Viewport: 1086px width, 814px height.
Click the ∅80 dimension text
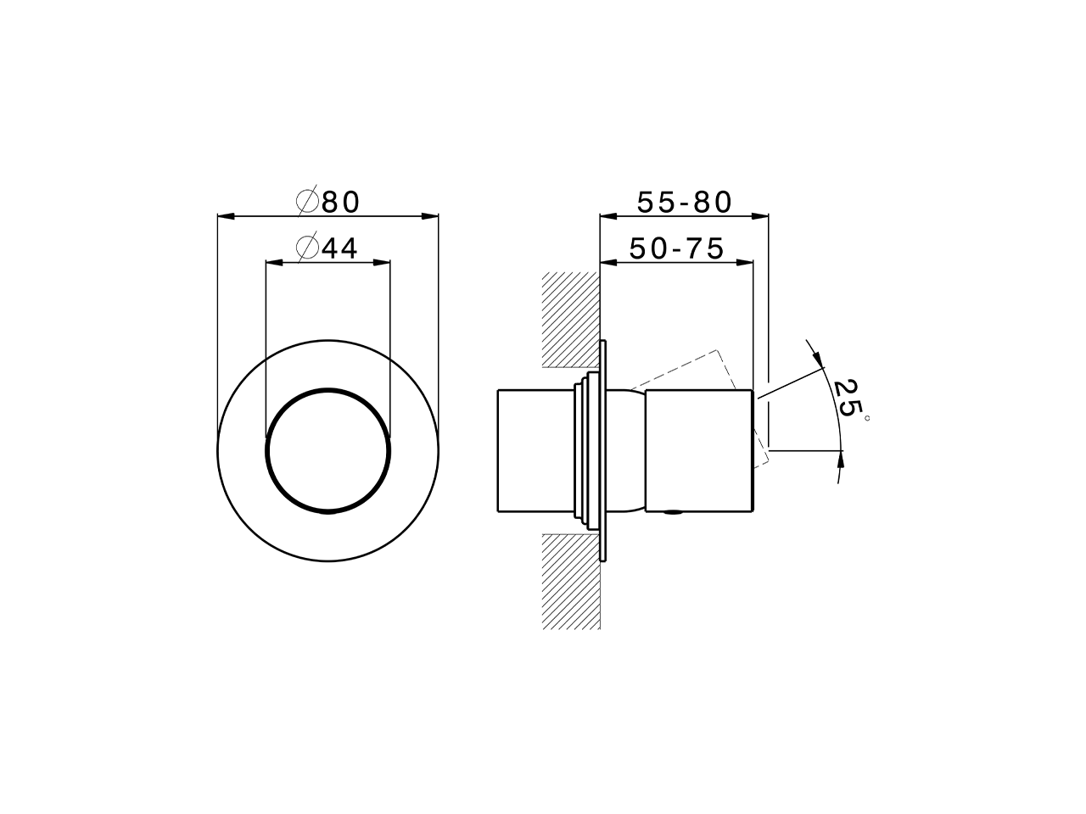[329, 202]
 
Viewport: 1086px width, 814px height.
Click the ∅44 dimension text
[327, 248]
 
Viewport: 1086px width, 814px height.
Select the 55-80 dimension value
[684, 202]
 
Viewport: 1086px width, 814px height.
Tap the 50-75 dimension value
[676, 248]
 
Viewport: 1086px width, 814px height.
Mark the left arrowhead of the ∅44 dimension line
[273, 263]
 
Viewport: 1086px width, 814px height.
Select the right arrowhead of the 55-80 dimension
[760, 217]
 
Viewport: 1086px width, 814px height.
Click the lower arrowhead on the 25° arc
[840, 459]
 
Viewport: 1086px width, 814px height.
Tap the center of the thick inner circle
[328, 450]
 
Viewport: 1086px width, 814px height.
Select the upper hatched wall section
[570, 320]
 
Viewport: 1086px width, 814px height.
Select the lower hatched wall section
[570, 582]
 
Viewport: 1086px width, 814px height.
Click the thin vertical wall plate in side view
[604, 450]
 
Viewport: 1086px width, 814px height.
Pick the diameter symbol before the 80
[307, 202]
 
